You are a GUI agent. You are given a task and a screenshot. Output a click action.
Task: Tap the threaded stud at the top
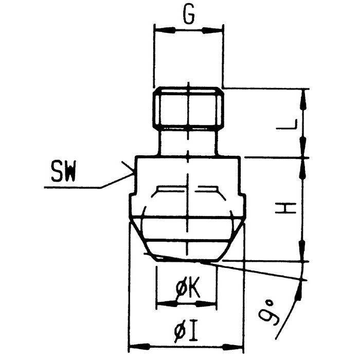[189, 108]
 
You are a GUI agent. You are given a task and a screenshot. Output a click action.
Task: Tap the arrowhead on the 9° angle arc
[299, 291]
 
